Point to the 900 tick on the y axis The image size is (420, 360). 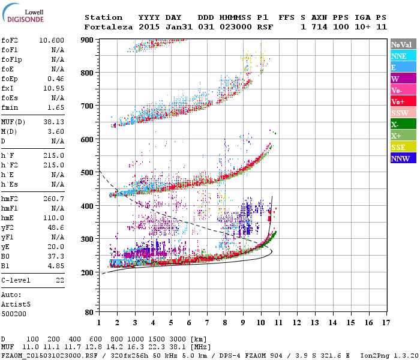88,40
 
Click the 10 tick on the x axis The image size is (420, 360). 261,323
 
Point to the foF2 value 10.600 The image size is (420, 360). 52,40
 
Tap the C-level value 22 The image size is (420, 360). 60,280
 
